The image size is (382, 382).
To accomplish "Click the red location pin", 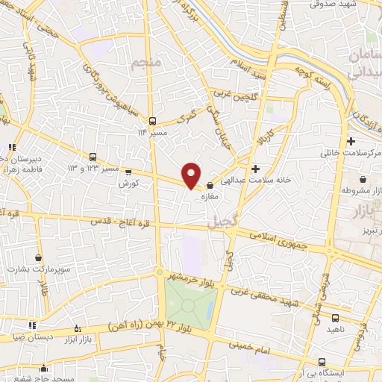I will click(192, 175).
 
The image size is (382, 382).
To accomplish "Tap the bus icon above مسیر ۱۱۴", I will click(152, 120).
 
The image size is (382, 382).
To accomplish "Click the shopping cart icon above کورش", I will click(128, 172).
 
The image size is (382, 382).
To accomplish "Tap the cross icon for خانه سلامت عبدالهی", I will click(256, 169).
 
